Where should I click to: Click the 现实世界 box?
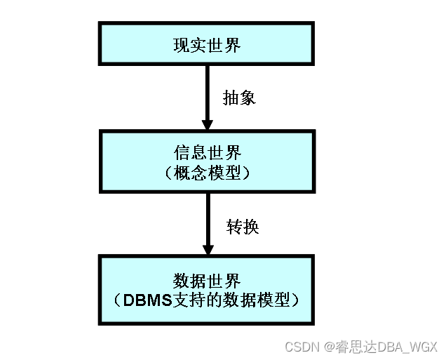pyautogui.click(x=206, y=44)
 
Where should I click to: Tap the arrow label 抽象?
pyautogui.click(x=239, y=98)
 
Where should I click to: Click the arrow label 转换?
pyautogui.click(x=242, y=227)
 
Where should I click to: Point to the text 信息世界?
pyautogui.click(x=206, y=152)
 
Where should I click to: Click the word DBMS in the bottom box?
pyautogui.click(x=146, y=300)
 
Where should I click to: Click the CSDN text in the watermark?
pyautogui.click(x=301, y=347)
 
